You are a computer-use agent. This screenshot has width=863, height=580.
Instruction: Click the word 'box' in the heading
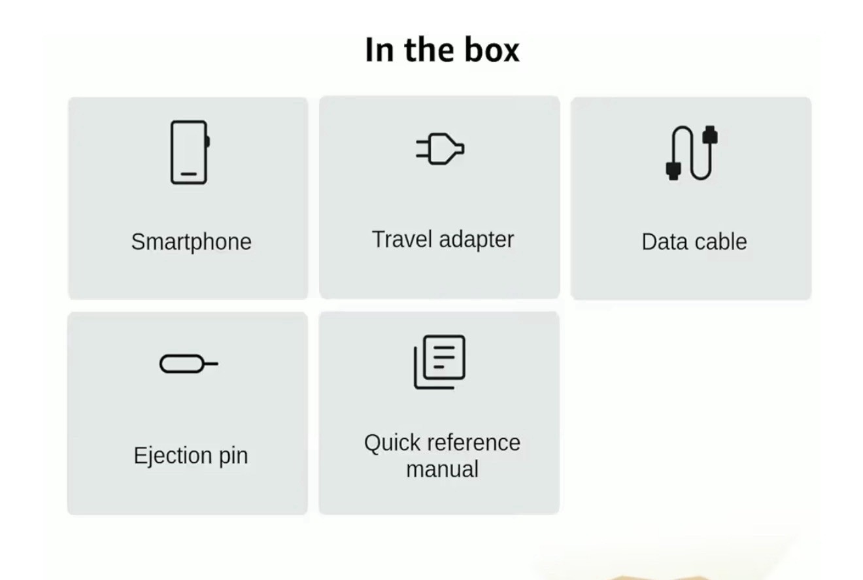pyautogui.click(x=492, y=50)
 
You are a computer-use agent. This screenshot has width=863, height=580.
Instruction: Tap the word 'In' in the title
pyautogui.click(x=379, y=50)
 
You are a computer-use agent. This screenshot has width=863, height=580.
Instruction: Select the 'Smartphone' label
pyautogui.click(x=191, y=243)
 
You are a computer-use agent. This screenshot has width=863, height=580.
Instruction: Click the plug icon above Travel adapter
pyautogui.click(x=440, y=148)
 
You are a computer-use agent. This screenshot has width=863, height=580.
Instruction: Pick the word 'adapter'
pyautogui.click(x=477, y=240)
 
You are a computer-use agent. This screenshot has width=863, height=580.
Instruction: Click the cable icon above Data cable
pyautogui.click(x=692, y=153)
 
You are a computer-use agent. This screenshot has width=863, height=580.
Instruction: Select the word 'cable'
pyautogui.click(x=721, y=242)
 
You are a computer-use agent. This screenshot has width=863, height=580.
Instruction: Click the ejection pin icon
pyautogui.click(x=189, y=364)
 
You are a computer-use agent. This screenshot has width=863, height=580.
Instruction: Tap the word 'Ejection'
pyautogui.click(x=173, y=456)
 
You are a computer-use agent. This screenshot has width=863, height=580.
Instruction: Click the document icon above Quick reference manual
pyautogui.click(x=439, y=362)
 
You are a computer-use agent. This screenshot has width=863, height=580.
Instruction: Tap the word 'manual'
pyautogui.click(x=442, y=469)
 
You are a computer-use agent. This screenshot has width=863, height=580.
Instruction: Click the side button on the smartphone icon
pyautogui.click(x=208, y=141)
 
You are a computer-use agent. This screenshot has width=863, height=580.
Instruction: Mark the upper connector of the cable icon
pyautogui.click(x=710, y=135)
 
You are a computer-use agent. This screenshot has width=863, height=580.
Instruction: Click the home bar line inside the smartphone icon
pyautogui.click(x=189, y=174)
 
